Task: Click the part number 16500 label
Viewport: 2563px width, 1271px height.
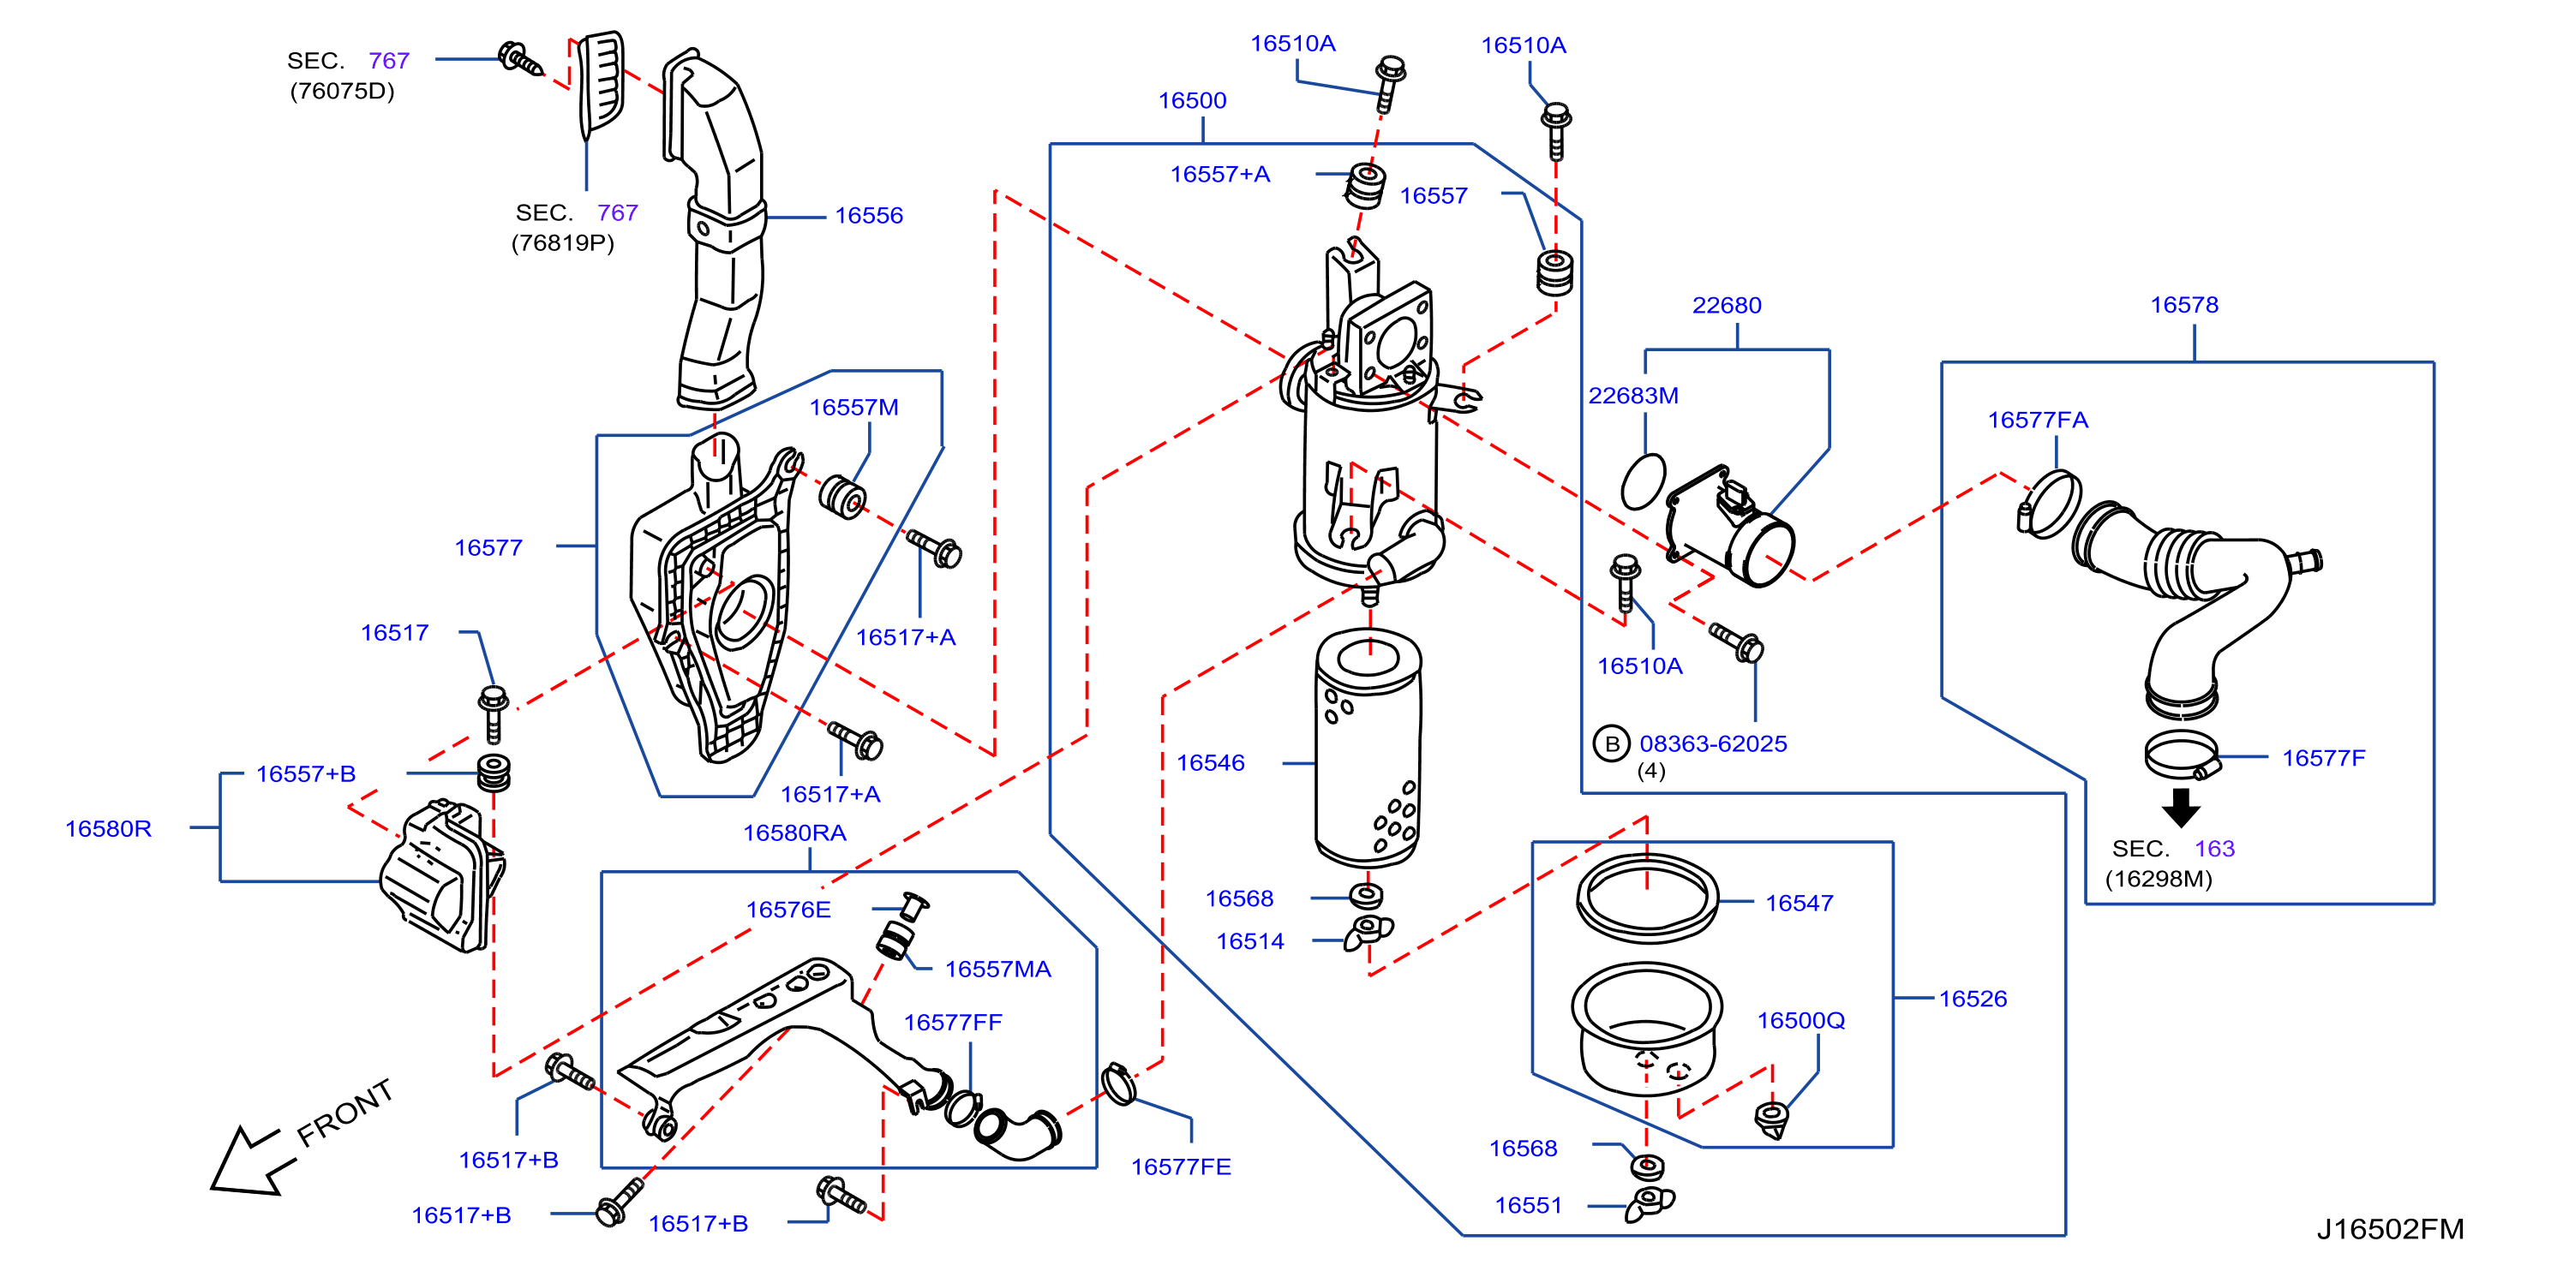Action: pos(1192,100)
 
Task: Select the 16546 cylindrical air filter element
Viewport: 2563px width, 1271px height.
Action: pos(1368,747)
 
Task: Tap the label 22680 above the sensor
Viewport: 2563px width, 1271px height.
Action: pos(1727,305)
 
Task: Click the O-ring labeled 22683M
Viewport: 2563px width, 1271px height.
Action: pos(1643,481)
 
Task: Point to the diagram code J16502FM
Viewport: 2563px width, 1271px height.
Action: pos(2390,1229)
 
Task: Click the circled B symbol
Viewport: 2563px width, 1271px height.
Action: pos(1612,744)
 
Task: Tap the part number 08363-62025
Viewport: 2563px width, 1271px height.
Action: pos(1712,744)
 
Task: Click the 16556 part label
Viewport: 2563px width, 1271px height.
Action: pos(869,216)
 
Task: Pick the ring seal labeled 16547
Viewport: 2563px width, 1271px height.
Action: pos(1647,898)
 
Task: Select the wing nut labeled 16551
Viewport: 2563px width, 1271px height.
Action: pos(1650,1202)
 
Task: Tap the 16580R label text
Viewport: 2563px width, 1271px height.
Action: pos(109,828)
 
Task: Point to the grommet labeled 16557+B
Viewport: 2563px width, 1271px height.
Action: pos(494,773)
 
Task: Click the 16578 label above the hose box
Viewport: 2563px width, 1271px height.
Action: pos(2184,304)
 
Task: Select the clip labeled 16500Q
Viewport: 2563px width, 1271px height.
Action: pos(1771,1119)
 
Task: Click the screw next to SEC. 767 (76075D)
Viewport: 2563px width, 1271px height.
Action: pos(520,59)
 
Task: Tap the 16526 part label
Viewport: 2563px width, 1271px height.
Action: pos(1973,999)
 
